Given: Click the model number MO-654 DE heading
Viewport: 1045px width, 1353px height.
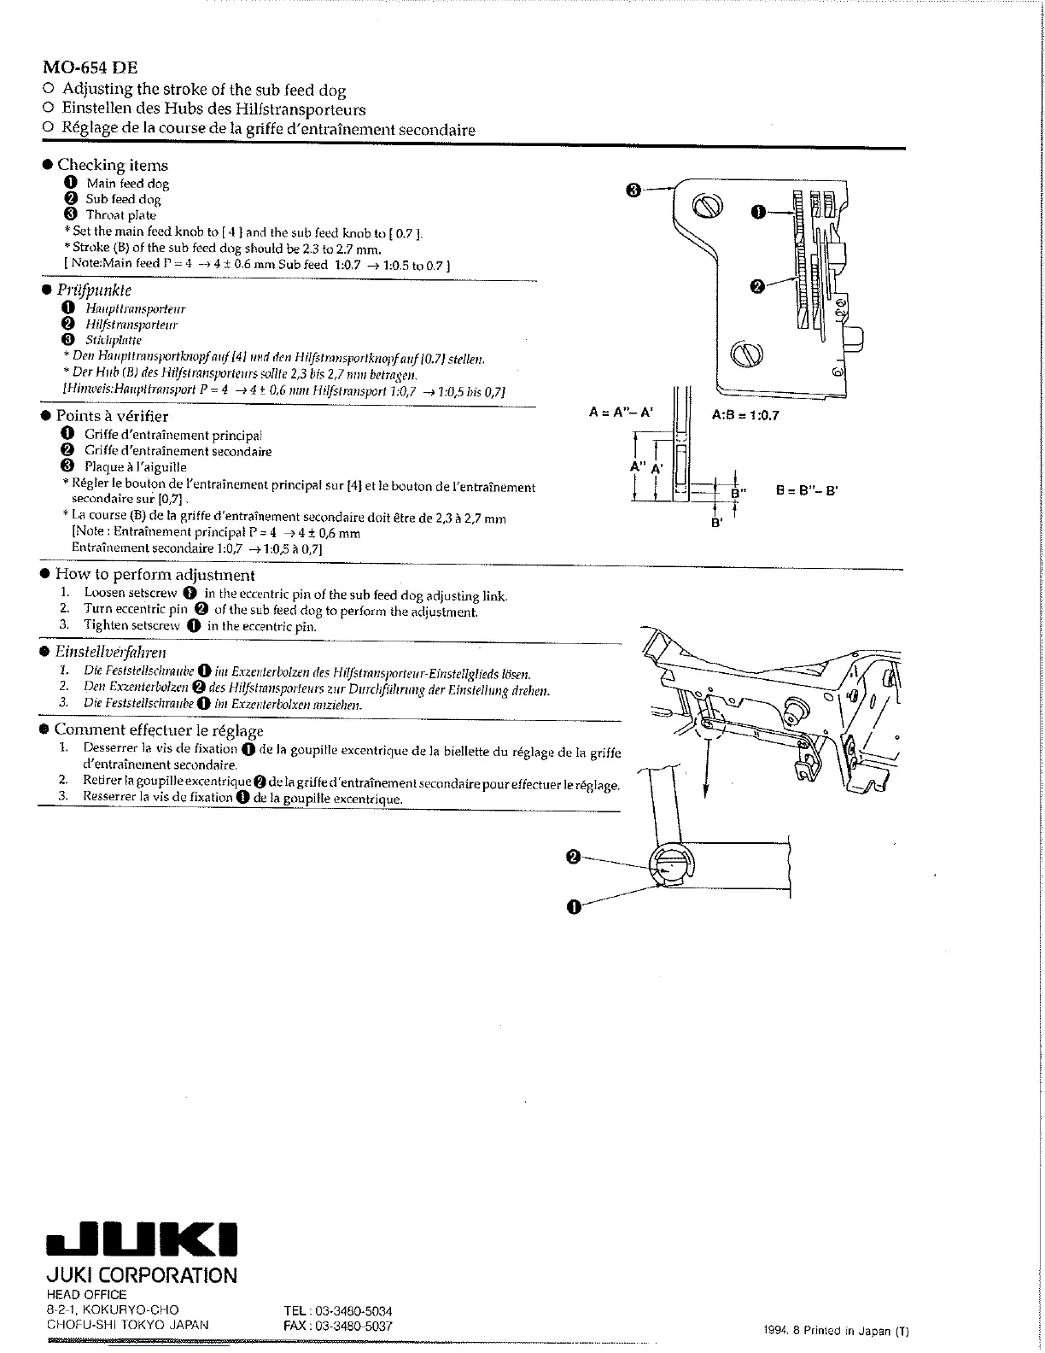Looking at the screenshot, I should (x=90, y=67).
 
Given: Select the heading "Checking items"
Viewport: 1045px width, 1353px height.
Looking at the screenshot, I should (x=112, y=166).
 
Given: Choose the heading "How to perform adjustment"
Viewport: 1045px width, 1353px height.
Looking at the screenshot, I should (x=155, y=575).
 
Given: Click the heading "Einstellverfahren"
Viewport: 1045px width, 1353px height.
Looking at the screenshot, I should (x=110, y=652).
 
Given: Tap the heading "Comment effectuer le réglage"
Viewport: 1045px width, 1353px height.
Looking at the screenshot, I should (x=159, y=730).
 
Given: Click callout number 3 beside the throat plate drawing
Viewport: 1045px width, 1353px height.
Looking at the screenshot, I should (x=633, y=190).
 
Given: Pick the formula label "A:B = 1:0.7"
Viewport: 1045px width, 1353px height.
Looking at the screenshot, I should (x=745, y=416).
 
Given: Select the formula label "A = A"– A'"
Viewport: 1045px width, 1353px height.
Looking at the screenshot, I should (x=621, y=413).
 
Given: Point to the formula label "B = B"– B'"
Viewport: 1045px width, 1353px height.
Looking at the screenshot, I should (x=807, y=491).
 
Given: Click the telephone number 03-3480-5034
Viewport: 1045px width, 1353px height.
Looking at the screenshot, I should (x=338, y=1311).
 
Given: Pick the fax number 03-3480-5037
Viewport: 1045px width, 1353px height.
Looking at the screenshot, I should (x=338, y=1326).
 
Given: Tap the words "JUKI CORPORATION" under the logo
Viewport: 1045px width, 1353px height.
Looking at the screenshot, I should (x=141, y=1276).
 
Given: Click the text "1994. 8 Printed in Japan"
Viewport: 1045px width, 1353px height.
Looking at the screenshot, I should (x=838, y=1331).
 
